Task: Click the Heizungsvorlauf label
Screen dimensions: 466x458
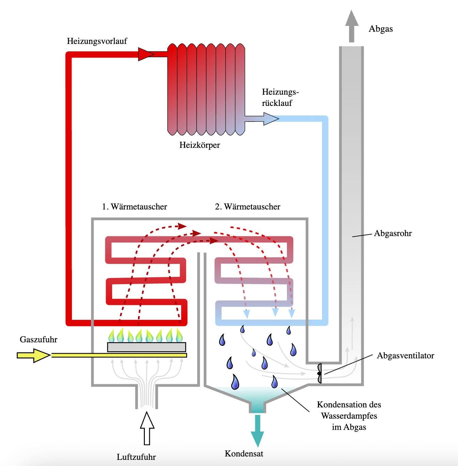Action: [97, 41]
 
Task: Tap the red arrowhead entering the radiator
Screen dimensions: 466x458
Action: [146, 54]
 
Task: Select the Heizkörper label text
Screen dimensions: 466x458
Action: [200, 145]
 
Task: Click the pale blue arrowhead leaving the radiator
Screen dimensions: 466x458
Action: [271, 119]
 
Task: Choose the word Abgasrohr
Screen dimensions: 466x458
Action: [393, 233]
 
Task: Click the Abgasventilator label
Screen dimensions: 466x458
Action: [406, 356]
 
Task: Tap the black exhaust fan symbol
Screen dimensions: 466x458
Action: [319, 373]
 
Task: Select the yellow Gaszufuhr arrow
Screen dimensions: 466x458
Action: [33, 355]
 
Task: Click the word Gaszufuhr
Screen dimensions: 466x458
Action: [39, 340]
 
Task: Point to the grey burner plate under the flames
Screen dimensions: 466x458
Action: [147, 347]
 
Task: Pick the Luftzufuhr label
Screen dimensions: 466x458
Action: [136, 457]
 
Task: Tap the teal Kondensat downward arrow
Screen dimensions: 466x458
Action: [258, 431]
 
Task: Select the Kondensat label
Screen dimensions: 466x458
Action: [244, 454]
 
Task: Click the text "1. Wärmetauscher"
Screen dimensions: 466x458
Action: [135, 207]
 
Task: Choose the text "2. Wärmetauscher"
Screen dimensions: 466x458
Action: [248, 207]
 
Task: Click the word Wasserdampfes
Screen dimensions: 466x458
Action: [349, 416]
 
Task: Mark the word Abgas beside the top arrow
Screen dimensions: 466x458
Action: [381, 29]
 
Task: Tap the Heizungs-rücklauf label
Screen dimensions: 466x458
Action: [280, 97]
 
